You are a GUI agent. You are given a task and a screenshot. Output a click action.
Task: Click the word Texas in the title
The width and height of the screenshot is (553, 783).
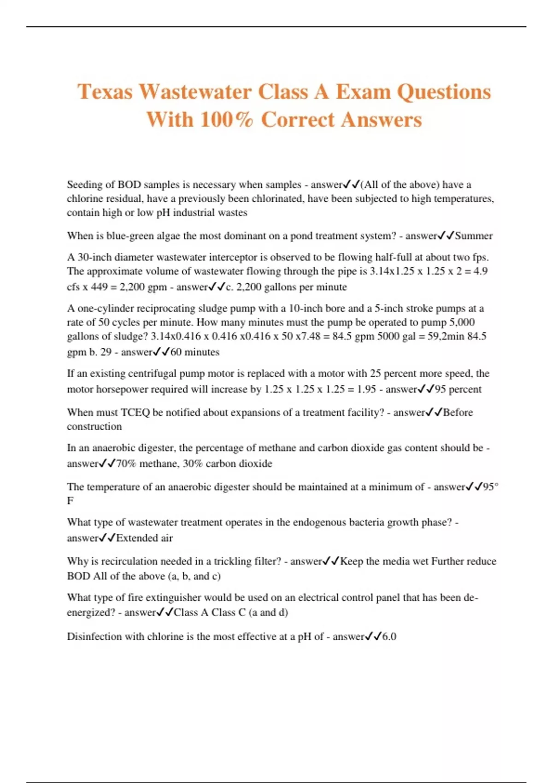pos(105,92)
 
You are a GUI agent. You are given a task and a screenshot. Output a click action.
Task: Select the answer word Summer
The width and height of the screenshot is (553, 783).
pos(474,236)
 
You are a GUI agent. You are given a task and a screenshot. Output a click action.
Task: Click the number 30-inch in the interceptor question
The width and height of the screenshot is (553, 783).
pos(94,257)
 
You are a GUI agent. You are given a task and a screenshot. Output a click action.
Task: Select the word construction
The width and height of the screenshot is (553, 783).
pos(94,427)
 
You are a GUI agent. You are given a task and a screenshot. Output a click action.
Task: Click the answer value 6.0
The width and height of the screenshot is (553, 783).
pos(389,637)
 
